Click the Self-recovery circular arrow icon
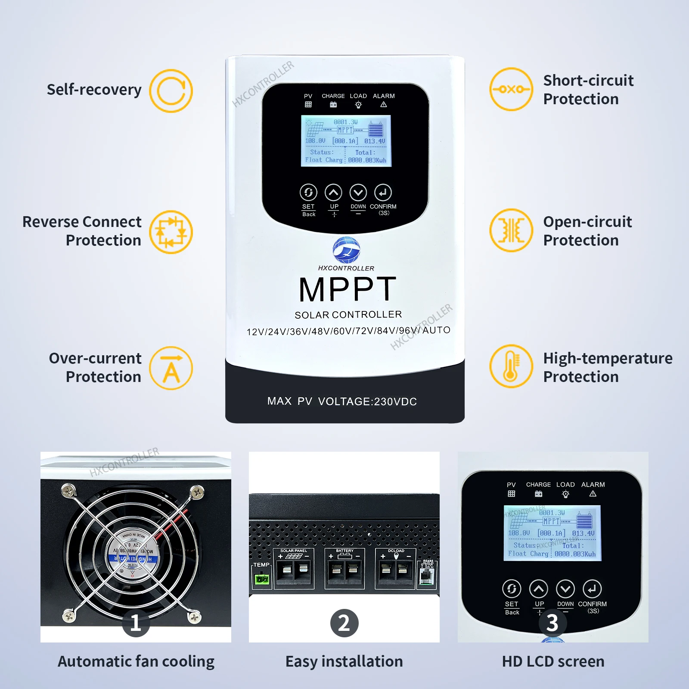click(171, 91)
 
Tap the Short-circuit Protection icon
click(511, 89)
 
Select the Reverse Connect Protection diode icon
click(171, 232)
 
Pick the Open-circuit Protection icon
click(511, 230)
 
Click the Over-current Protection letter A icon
click(171, 368)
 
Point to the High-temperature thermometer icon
click(511, 366)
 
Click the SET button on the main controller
click(308, 192)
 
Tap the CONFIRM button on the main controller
click(383, 192)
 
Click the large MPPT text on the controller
click(347, 289)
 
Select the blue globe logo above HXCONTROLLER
click(346, 250)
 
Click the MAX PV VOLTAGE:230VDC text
click(342, 401)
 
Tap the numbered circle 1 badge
click(136, 623)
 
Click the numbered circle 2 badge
click(344, 623)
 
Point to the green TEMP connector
click(262, 579)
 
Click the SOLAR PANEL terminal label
click(294, 551)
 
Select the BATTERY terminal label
click(344, 551)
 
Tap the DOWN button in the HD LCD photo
click(565, 589)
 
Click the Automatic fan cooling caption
click(136, 661)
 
